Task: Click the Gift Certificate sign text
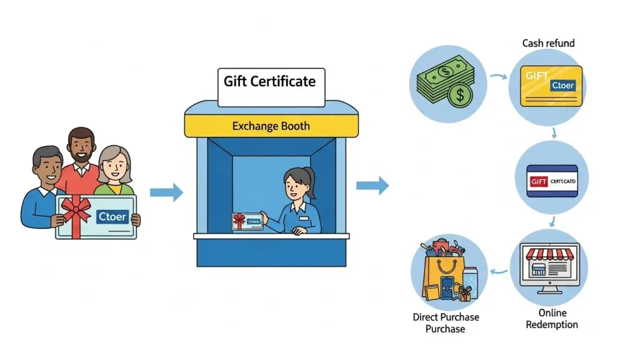point(269,81)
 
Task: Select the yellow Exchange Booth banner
point(271,126)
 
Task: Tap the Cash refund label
point(548,43)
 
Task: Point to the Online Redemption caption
point(552,319)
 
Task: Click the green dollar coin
point(461,96)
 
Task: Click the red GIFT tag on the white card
point(539,181)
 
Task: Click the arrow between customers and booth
point(167,192)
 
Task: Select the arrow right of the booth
point(372,184)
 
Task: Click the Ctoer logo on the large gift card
point(112,217)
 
